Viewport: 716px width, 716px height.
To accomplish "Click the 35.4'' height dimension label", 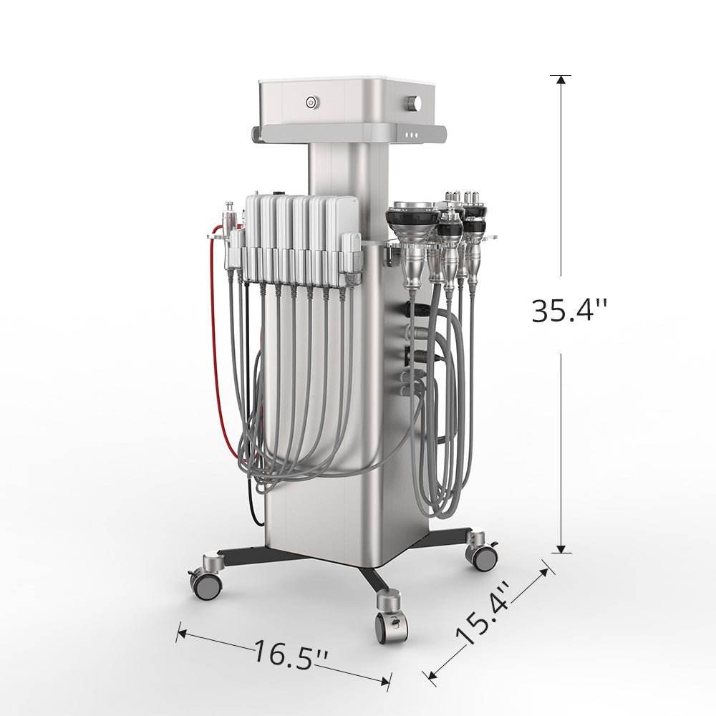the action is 570,311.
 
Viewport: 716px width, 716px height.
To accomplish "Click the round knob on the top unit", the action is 415,102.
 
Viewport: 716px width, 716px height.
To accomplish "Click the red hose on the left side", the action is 217,347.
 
